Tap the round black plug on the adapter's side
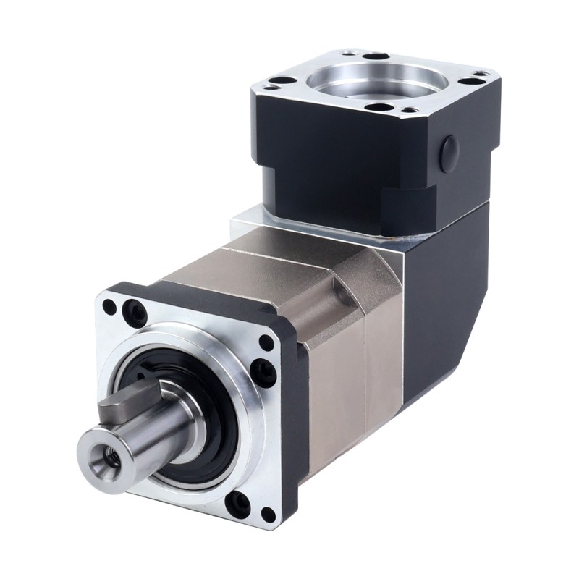pyautogui.click(x=449, y=151)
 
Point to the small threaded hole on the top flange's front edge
pyautogui.click(x=409, y=110)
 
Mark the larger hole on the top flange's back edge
pyautogui.click(x=375, y=55)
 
